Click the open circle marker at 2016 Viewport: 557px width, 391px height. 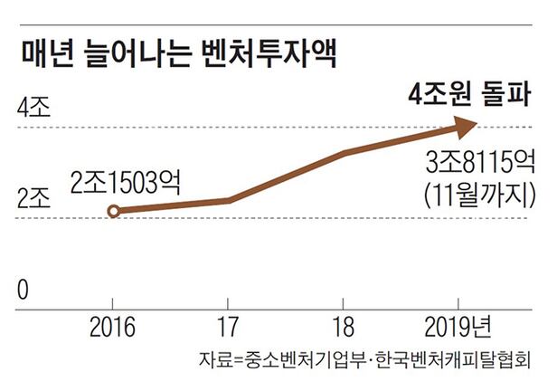pos(112,212)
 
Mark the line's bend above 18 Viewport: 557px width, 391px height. pos(348,153)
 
